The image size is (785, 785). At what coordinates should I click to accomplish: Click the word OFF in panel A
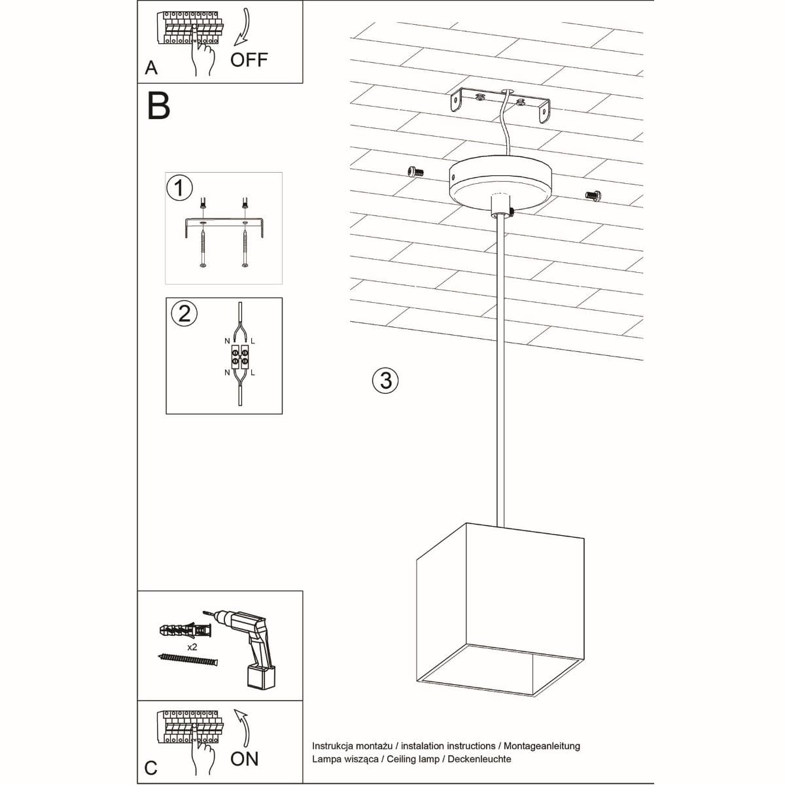[x=249, y=60]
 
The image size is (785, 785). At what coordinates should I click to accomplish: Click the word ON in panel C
[x=244, y=759]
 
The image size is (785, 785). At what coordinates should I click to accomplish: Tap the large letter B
[x=159, y=106]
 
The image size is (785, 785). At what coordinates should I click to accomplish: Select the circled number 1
[x=179, y=188]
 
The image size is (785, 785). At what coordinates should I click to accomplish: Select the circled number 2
[x=184, y=313]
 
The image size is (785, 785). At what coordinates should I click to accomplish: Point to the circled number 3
[x=385, y=380]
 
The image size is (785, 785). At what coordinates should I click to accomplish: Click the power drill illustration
[x=252, y=644]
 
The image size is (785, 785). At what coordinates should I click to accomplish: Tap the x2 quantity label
[x=192, y=646]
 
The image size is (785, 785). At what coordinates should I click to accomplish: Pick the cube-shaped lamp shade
[x=500, y=608]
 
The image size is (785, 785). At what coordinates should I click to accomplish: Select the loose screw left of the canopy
[x=415, y=171]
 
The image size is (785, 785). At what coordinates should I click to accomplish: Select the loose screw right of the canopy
[x=592, y=194]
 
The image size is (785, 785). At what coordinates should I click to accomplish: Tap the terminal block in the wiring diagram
[x=239, y=357]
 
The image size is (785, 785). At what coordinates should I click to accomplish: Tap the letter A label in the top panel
[x=151, y=67]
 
